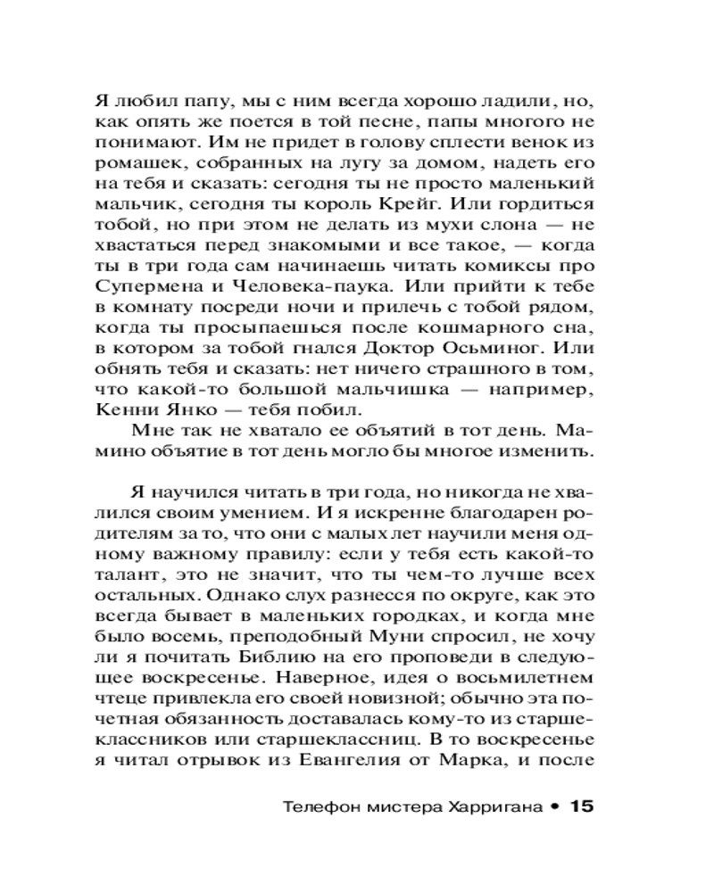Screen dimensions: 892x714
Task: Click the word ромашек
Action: (x=132, y=168)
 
